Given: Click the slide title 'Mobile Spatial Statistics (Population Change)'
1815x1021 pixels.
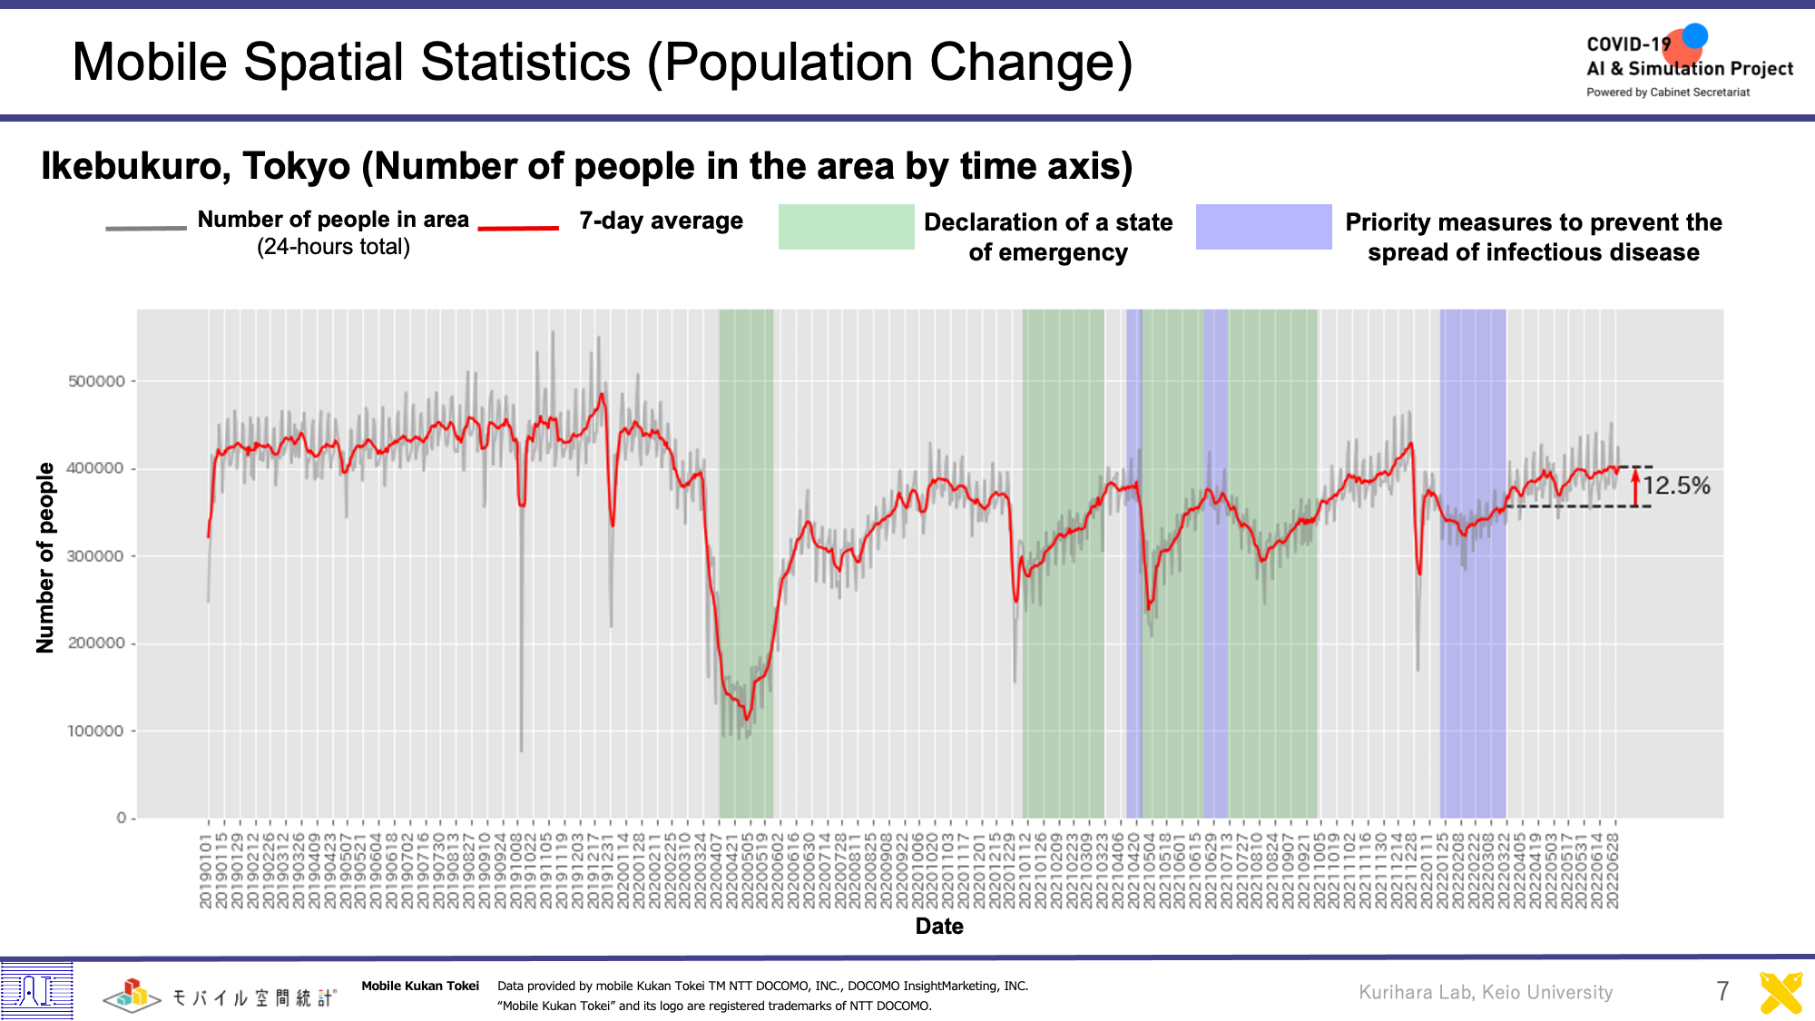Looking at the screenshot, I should [602, 63].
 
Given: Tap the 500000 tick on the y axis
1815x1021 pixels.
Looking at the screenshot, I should [97, 381].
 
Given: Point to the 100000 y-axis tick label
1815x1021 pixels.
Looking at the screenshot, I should [97, 731].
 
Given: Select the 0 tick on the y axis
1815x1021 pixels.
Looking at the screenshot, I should [122, 818].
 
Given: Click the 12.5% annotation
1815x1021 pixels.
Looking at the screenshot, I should [1676, 486].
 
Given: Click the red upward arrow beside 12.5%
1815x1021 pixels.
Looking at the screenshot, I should [1635, 486].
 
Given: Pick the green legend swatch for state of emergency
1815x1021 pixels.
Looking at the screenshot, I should [846, 227].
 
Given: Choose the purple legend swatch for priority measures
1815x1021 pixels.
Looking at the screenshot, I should [1263, 227].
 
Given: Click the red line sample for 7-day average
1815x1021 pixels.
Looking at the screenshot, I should [518, 228].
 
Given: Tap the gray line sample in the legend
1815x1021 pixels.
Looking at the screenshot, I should [145, 228].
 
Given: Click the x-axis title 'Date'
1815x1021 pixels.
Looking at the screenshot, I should [939, 926].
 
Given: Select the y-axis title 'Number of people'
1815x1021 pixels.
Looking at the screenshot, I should [45, 557].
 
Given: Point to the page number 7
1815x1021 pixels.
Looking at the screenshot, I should [1722, 991].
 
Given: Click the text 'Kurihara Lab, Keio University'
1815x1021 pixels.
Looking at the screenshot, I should [1486, 992].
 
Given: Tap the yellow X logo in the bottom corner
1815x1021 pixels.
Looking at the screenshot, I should [1781, 993].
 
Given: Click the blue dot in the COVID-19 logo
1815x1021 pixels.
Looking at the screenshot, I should [1694, 36].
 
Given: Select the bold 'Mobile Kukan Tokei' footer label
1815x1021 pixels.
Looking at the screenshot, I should [420, 986].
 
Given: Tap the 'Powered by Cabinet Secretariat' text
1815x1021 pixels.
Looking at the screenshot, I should [1668, 93].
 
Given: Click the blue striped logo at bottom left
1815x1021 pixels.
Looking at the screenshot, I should [36, 990].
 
